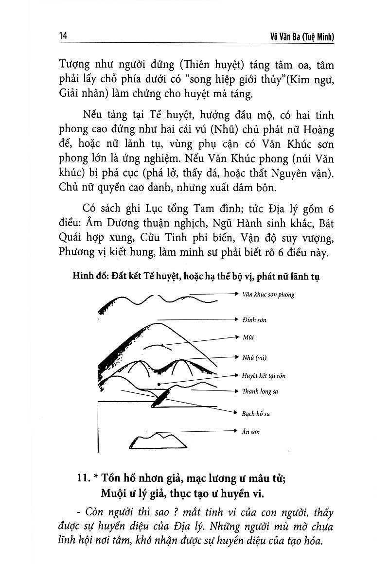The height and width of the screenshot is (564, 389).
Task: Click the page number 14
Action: tap(62, 37)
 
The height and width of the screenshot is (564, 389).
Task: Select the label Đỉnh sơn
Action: tap(254, 320)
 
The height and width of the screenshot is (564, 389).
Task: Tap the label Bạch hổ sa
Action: tap(256, 414)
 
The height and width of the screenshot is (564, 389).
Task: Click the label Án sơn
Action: tap(251, 431)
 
